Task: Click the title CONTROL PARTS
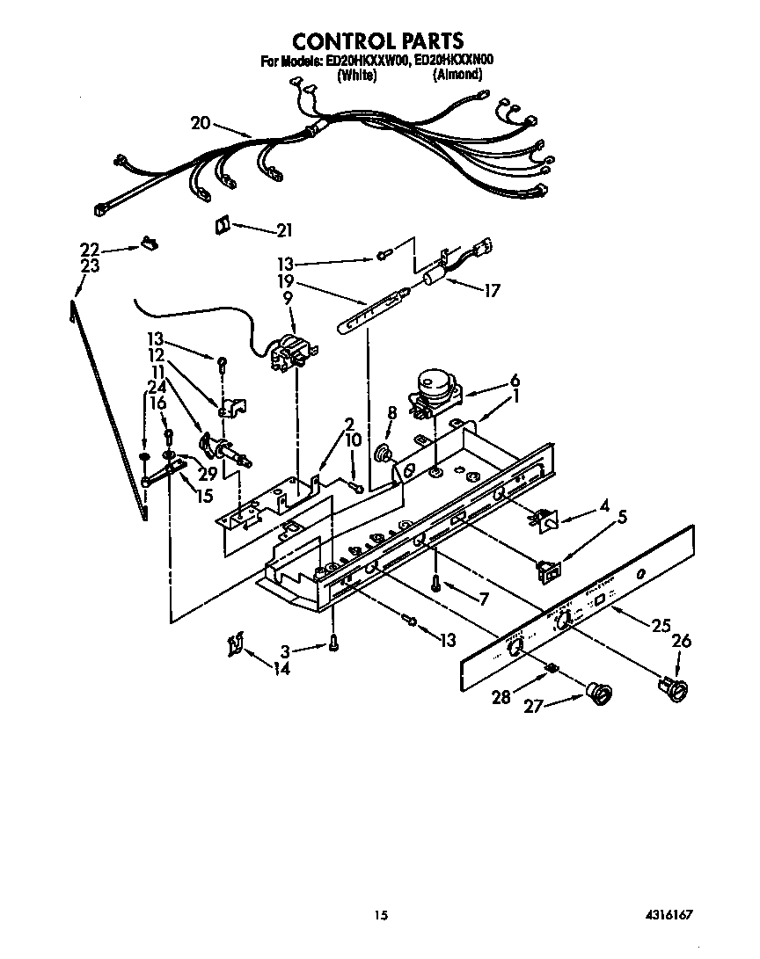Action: tap(377, 41)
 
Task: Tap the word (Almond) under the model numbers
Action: tap(457, 76)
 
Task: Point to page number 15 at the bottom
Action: tap(380, 915)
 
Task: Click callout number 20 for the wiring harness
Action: tap(201, 123)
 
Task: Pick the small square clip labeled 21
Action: tap(222, 226)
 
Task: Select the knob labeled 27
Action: tap(601, 696)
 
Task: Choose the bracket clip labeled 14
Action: tap(234, 646)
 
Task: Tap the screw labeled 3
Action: tap(334, 643)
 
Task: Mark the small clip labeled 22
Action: tap(147, 243)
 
